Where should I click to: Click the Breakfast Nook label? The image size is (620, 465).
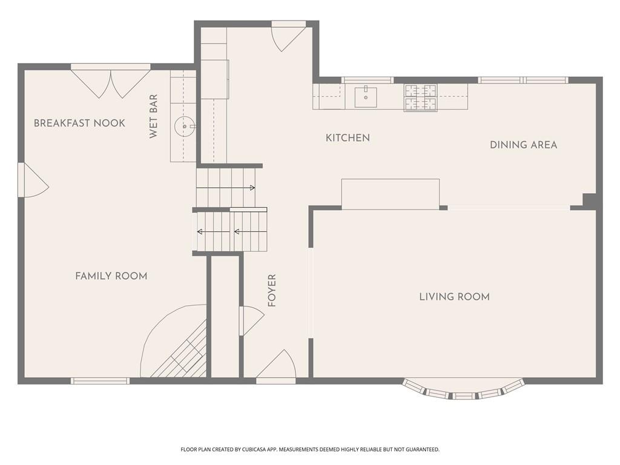click(x=79, y=123)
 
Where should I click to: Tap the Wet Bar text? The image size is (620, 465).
click(x=153, y=116)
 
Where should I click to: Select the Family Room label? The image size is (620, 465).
click(x=111, y=276)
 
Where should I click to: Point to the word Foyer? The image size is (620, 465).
click(x=272, y=291)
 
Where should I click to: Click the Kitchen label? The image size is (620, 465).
click(x=348, y=138)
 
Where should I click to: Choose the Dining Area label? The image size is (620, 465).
click(x=524, y=145)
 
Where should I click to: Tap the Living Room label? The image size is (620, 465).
click(x=454, y=297)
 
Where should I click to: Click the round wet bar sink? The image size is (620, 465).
click(x=185, y=127)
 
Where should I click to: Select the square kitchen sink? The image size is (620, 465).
click(x=365, y=97)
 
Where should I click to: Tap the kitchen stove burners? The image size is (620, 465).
click(x=420, y=97)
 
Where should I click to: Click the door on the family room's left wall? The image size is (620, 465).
click(x=33, y=180)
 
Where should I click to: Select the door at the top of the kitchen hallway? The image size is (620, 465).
click(x=289, y=36)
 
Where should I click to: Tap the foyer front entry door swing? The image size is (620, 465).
click(x=276, y=366)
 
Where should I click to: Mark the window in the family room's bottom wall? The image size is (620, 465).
click(x=101, y=381)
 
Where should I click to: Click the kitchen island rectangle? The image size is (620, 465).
click(x=391, y=194)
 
